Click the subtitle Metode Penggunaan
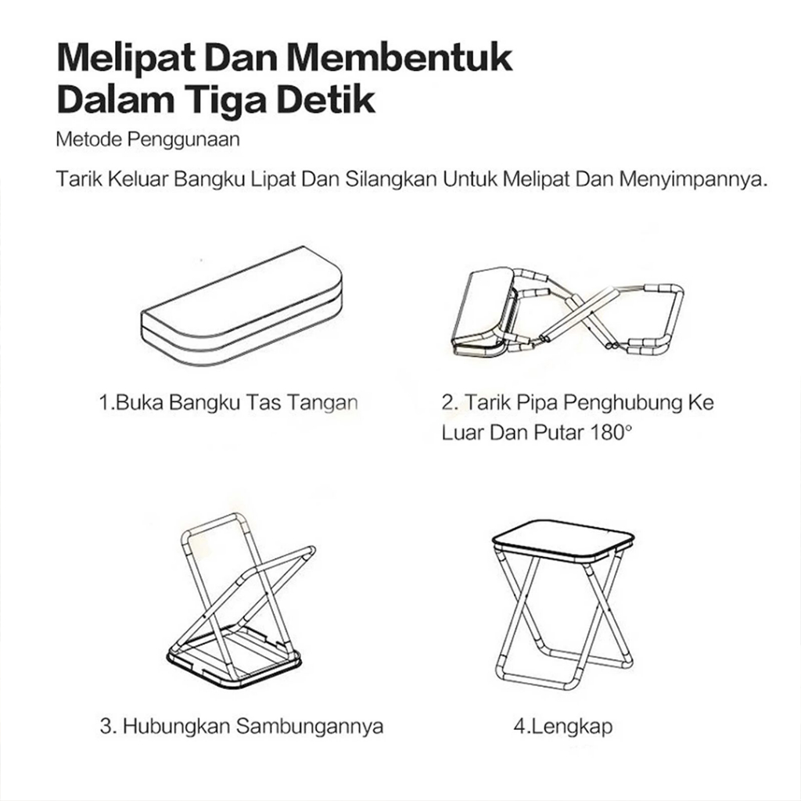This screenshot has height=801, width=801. tap(148, 139)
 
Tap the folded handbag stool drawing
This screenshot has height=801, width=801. tap(242, 307)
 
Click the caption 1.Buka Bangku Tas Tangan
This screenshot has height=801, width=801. tap(228, 403)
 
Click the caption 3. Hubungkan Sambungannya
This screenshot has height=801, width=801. tap(242, 726)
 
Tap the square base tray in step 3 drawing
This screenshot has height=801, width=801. tap(235, 656)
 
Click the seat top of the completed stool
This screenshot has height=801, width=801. tap(563, 539)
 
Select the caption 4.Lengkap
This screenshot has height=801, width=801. tap(563, 727)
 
